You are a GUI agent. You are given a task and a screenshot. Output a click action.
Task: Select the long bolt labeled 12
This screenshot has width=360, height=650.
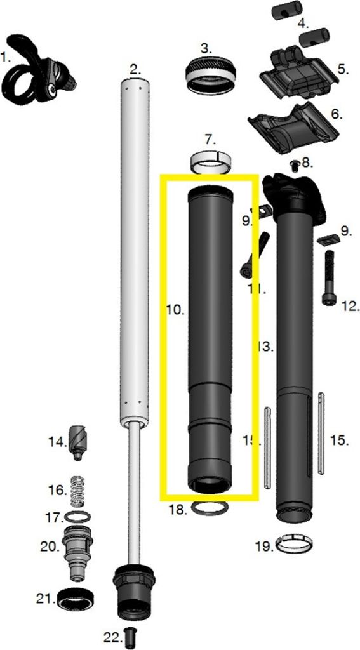pyautogui.click(x=329, y=277)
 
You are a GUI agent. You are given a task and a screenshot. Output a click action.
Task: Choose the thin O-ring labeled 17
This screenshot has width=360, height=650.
pyautogui.click(x=78, y=516)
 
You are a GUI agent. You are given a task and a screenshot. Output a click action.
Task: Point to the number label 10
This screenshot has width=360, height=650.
pyautogui.click(x=175, y=310)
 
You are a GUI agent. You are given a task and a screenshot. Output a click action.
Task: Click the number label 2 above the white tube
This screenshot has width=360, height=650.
pyautogui.click(x=135, y=68)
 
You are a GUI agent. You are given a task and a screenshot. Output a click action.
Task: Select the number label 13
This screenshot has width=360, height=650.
pyautogui.click(x=265, y=347)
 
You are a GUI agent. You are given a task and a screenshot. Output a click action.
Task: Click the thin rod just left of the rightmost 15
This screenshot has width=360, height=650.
pyautogui.click(x=321, y=432)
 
